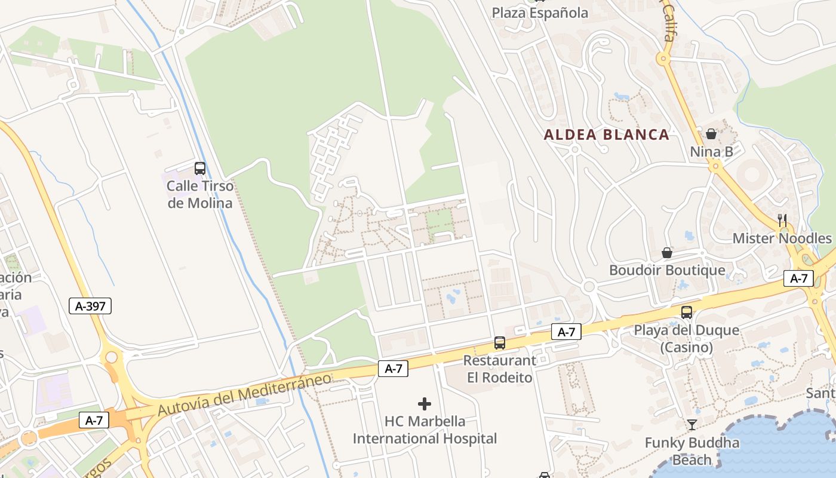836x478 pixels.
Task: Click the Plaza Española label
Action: [540, 13]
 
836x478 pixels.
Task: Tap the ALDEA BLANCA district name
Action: [607, 134]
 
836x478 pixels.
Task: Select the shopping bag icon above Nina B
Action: [711, 134]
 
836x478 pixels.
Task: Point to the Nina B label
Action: [711, 152]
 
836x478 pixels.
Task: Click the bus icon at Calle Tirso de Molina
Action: [200, 168]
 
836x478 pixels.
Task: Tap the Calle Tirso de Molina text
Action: [199, 194]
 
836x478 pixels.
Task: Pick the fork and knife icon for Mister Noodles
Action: [782, 220]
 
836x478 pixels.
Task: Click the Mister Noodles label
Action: [782, 238]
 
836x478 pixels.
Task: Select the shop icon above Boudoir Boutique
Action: [667, 253]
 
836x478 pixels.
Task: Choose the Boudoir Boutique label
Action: [667, 270]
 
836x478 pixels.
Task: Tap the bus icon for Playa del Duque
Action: [687, 312]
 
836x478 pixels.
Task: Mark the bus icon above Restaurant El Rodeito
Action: [500, 343]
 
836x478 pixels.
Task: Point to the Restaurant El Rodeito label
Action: [500, 369]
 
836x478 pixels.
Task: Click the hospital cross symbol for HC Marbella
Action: [425, 404]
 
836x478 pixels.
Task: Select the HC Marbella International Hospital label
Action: [425, 430]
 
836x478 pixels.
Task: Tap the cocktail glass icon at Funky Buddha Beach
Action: [692, 425]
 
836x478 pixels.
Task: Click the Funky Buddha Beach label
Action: [692, 451]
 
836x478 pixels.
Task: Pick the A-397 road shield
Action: [90, 307]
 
